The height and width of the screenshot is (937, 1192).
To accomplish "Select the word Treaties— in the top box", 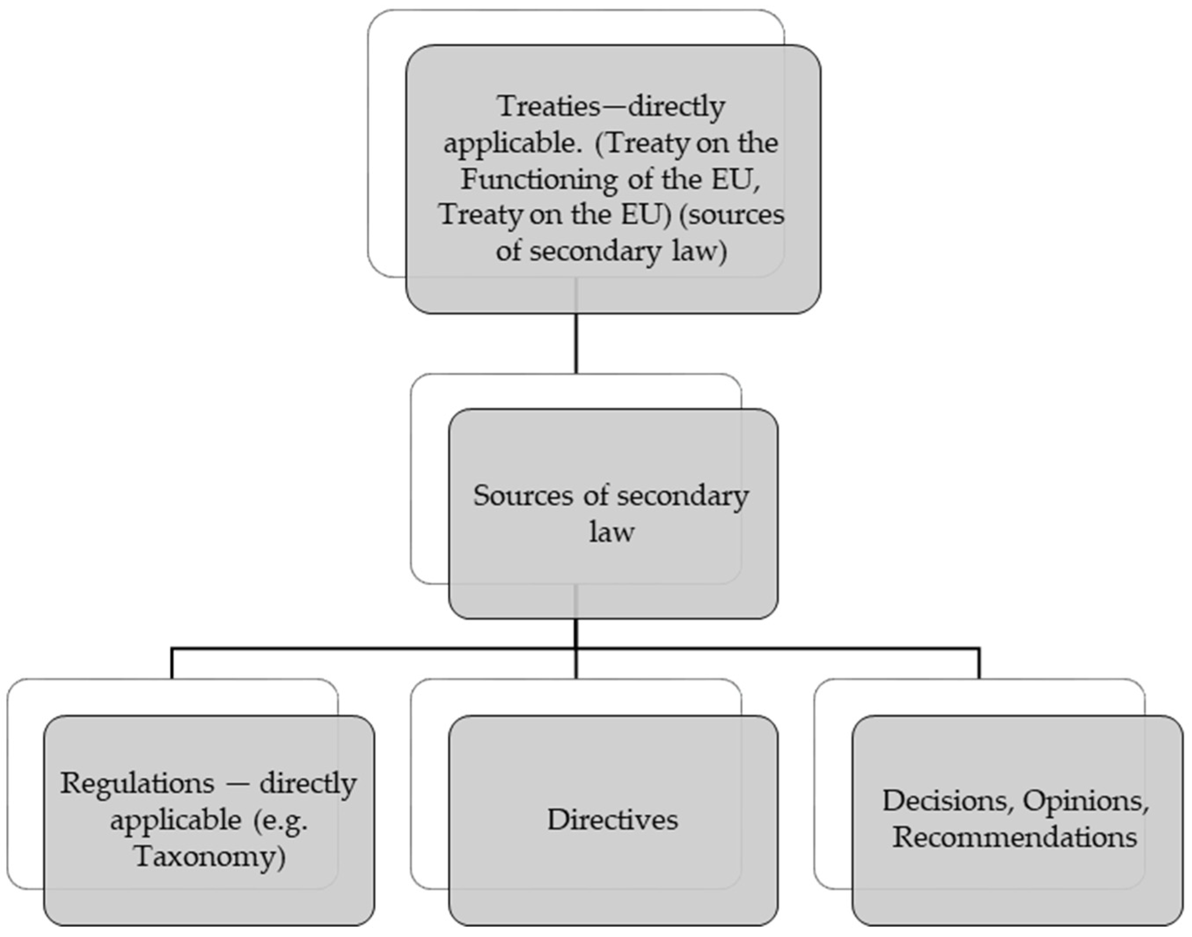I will pos(562,106).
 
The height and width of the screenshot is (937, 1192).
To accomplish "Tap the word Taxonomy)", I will pos(210,856).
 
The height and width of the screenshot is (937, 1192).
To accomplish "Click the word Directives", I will pos(612,819).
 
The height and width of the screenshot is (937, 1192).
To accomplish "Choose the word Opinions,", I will pos(1086,801).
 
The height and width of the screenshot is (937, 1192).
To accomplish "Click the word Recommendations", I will pos(1015,838).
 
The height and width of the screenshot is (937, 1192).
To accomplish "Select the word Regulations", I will pos(137,783).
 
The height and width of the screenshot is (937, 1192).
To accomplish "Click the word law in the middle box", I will pos(612,532).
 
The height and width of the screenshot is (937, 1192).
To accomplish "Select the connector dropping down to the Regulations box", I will pos(172,664).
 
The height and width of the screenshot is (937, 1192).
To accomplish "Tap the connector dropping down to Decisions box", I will pos(979,664).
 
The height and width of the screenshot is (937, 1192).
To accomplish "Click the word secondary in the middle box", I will pos(682,496).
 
